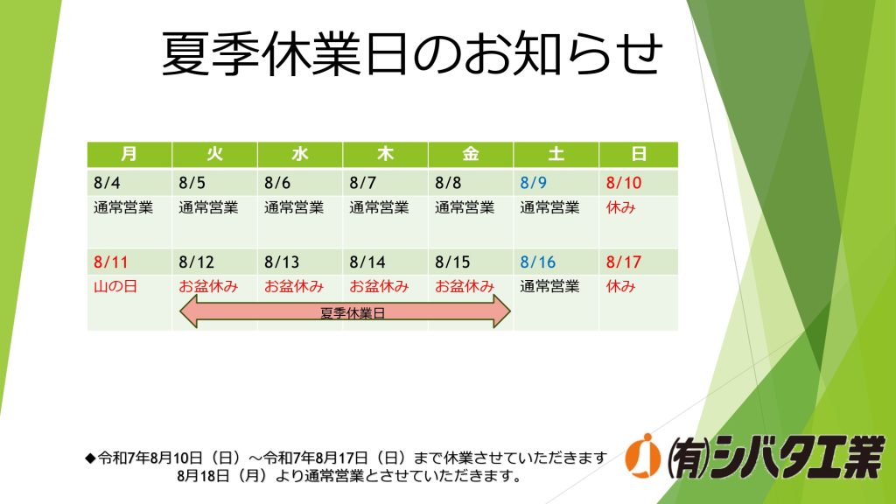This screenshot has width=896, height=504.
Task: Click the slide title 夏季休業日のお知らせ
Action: click(412, 53)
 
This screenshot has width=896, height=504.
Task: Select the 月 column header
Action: click(129, 154)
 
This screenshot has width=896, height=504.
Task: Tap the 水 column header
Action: click(300, 154)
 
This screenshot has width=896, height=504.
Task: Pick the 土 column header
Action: click(556, 154)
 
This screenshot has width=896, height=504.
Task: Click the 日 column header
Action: click(639, 154)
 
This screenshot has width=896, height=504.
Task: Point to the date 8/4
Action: click(107, 183)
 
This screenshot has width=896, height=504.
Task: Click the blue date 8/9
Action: click(533, 183)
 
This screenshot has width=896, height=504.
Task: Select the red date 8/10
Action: click(623, 183)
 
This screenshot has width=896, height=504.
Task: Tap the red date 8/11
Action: click(111, 262)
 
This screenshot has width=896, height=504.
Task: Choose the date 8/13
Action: click(282, 262)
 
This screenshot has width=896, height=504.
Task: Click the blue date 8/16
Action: click(538, 262)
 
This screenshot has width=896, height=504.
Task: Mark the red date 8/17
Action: click(623, 262)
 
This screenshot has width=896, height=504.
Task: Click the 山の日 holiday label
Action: click(115, 286)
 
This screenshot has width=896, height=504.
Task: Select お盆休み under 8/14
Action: click(379, 286)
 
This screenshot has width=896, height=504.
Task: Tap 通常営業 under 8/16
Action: click(549, 286)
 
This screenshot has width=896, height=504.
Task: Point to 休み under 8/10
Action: click(620, 206)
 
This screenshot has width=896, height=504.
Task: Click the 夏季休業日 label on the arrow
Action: click(353, 313)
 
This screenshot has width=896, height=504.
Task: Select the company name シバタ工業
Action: click(799, 457)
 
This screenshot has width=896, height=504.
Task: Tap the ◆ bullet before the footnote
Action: click(90, 458)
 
